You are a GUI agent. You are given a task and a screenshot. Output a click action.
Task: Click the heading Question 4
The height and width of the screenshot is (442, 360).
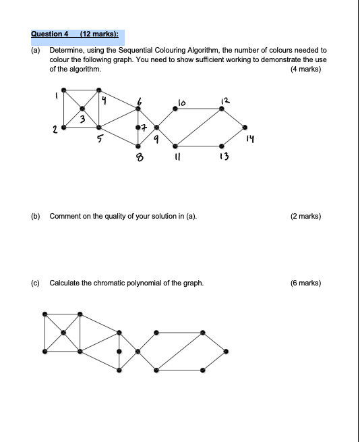pos(50,33)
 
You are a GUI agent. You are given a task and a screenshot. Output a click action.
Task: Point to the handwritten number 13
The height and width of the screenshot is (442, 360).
pos(224,158)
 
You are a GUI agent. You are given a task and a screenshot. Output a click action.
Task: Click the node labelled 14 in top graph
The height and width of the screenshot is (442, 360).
pos(245,126)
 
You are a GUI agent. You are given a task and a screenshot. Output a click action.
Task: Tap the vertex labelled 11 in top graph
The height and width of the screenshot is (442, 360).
pos(175,145)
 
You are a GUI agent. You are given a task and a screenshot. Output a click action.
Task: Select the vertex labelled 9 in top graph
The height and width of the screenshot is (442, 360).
pos(157,126)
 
